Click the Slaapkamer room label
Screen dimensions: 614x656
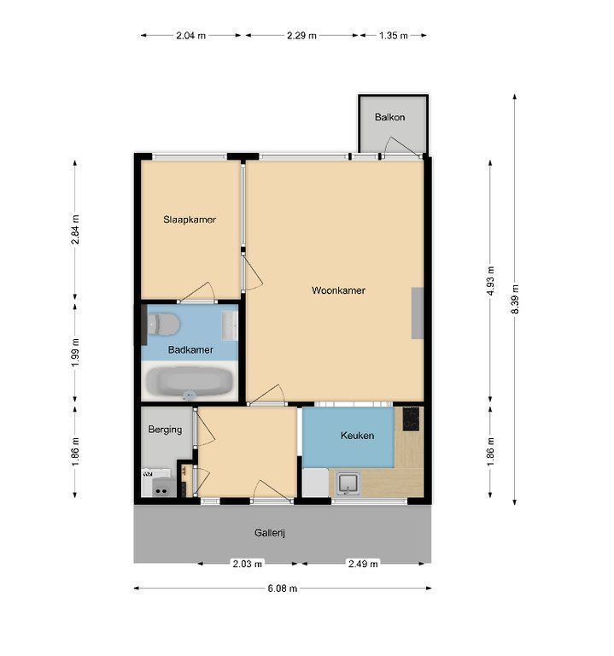click(190, 220)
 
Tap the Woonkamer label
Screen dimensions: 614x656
click(338, 290)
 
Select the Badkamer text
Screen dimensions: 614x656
click(190, 349)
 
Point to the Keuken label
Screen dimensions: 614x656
click(357, 436)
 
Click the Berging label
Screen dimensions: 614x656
click(165, 430)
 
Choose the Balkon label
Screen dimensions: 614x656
click(389, 117)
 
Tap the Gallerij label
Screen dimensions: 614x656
click(270, 533)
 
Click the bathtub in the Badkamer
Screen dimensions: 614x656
click(190, 382)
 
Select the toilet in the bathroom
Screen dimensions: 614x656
click(164, 325)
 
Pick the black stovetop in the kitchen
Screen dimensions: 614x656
click(411, 419)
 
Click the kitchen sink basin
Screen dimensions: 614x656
click(348, 483)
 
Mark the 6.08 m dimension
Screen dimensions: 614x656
click(283, 589)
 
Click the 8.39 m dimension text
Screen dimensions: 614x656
click(515, 299)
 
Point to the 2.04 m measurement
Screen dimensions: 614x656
click(190, 36)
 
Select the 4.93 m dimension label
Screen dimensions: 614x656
click(490, 281)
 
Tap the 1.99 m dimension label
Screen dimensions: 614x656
click(75, 353)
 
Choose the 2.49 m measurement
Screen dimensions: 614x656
click(363, 564)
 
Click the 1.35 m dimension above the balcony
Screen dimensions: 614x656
click(393, 36)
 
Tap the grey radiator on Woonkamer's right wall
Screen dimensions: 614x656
click(417, 313)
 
